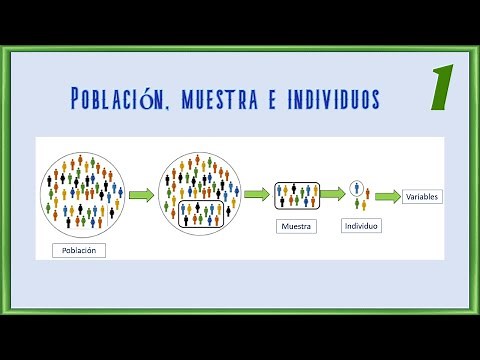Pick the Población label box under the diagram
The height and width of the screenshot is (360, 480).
tap(81, 250)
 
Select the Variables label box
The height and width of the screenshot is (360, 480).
tap(422, 198)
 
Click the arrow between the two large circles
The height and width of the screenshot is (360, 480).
tap(141, 195)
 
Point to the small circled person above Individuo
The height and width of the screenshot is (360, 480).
tap(357, 191)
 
